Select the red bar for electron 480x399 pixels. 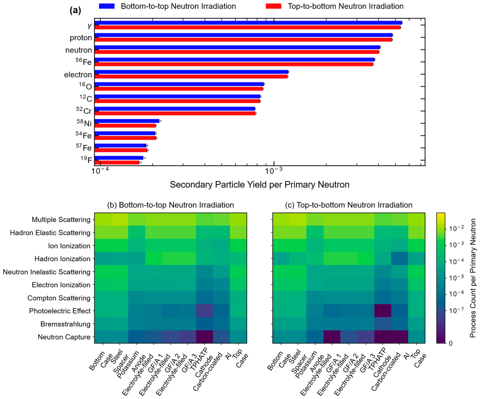tap(191, 76)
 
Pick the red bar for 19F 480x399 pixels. tap(117, 163)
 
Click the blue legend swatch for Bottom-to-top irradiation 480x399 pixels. tap(107, 6)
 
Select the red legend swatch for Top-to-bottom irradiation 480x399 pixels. tap(273, 6)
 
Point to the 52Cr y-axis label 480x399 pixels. tap(84, 111)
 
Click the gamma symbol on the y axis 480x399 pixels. tap(89, 26)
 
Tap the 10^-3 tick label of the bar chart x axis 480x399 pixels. tap(274, 171)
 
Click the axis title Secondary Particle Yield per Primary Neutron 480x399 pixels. tap(259, 185)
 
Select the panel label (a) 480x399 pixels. tap(75, 10)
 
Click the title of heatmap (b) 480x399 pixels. tap(170, 205)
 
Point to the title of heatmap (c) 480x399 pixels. tap(349, 205)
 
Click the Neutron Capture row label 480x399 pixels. tap(64, 337)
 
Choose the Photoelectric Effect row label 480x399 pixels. tap(60, 311)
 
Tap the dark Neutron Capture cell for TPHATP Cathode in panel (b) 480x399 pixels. tap(204, 337)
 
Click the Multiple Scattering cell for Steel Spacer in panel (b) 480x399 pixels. tap(120, 219)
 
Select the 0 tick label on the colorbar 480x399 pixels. tap(451, 344)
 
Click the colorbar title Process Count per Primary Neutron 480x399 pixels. tap(473, 278)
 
